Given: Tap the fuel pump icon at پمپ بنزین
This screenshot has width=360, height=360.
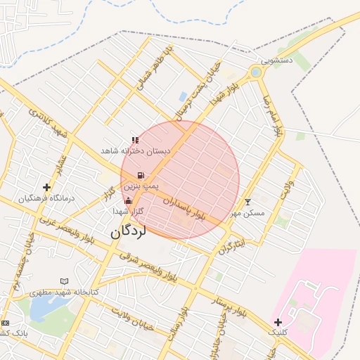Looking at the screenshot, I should (141, 175).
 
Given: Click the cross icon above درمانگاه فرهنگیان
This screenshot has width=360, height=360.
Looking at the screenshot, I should (47, 187).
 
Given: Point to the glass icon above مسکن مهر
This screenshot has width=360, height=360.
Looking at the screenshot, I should (247, 202).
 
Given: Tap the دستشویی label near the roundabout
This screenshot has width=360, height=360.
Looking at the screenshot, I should (276, 61).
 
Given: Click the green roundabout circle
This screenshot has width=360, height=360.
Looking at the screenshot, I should (255, 72).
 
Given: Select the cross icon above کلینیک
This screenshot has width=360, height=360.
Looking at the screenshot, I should (278, 321).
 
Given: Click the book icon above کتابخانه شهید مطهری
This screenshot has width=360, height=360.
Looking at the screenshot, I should (65, 281).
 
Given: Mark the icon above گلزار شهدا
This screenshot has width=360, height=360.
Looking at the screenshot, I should (128, 201).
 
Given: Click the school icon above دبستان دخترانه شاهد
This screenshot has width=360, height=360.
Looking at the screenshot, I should (135, 141).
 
